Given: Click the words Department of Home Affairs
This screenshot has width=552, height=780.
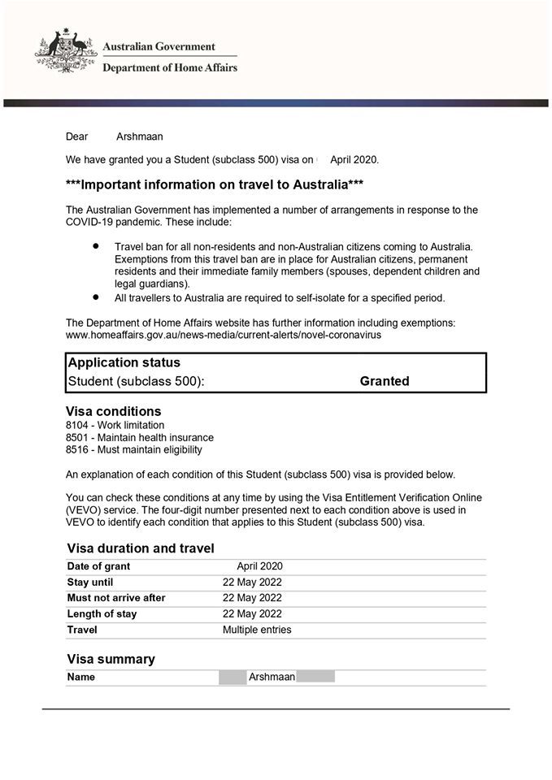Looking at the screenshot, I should coord(170,68).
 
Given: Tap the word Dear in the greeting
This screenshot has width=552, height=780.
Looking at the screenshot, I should coord(76,136).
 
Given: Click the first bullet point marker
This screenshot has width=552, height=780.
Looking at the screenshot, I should coord(96,244).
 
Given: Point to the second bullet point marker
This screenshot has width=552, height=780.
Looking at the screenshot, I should coord(96,297).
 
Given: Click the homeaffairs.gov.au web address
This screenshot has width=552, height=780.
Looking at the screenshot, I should coord(224,334).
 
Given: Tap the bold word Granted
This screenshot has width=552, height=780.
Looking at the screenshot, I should coord(385,381).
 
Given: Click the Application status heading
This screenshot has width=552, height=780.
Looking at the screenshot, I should coord(124,362).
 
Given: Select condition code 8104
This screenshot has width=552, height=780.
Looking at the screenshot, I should coord(78,425).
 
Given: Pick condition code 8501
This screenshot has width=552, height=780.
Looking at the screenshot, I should coord(78,437).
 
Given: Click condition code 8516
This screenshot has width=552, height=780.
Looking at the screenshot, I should coord(78,449).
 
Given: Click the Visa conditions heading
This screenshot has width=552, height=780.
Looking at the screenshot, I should coord(114,411).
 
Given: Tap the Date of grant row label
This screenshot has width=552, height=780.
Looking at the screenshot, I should coord(98,566).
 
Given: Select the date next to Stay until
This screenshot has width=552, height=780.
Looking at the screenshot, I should coord(252,582).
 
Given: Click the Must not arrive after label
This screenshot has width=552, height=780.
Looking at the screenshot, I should coord(116,598).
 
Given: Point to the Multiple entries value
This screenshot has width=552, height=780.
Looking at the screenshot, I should coord(257,630).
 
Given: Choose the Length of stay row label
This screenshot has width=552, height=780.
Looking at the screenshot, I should coord(102,613).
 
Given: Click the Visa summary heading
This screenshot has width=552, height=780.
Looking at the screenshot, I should coord(111,659).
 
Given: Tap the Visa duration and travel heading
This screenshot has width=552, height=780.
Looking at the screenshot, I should coord(141,548).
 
